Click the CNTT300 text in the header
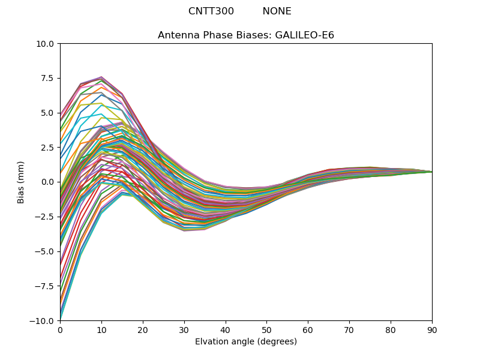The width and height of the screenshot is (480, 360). coord(211,11)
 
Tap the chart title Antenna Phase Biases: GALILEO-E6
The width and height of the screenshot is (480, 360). coord(246,35)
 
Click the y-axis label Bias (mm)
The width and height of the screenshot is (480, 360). coord(21,182)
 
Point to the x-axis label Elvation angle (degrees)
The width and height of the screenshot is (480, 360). coord(246,342)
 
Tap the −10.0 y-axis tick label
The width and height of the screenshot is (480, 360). coord(44,321)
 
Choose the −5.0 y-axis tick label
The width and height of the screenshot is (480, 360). coord(46,251)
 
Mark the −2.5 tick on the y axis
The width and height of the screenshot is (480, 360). coord(46,217)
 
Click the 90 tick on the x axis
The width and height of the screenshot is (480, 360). coord(432,330)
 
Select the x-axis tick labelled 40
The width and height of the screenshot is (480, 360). coord(226,330)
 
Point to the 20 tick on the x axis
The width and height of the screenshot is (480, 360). coord(143,330)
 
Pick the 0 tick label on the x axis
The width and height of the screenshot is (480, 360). coord(60,330)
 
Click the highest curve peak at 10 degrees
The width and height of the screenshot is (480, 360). coord(101,77)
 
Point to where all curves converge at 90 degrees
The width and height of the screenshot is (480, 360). coord(431,172)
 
